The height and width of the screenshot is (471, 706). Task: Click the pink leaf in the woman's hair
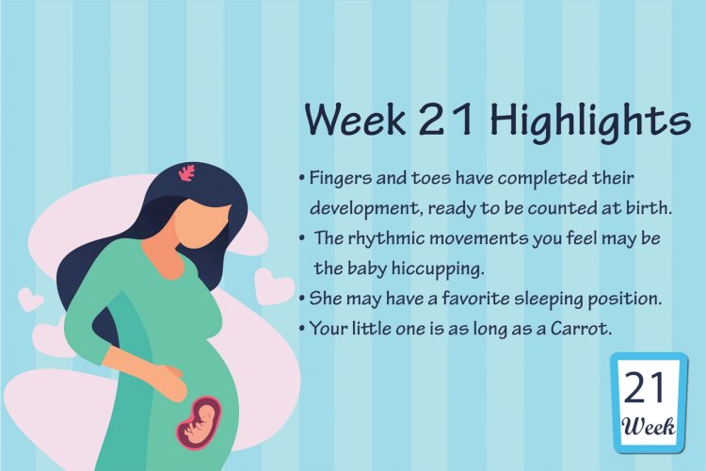[187, 172]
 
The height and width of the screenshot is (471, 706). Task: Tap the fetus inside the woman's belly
[200, 423]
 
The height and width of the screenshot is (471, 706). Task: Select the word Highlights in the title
[590, 121]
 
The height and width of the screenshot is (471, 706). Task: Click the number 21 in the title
[446, 119]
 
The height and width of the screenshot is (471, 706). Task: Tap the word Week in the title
[355, 120]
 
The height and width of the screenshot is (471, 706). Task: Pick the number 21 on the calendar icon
[644, 387]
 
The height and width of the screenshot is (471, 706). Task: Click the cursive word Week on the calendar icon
[648, 426]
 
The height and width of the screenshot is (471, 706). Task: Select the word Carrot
[582, 328]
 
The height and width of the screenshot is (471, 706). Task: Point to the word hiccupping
[437, 269]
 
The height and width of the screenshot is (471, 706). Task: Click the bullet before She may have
[302, 299]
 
